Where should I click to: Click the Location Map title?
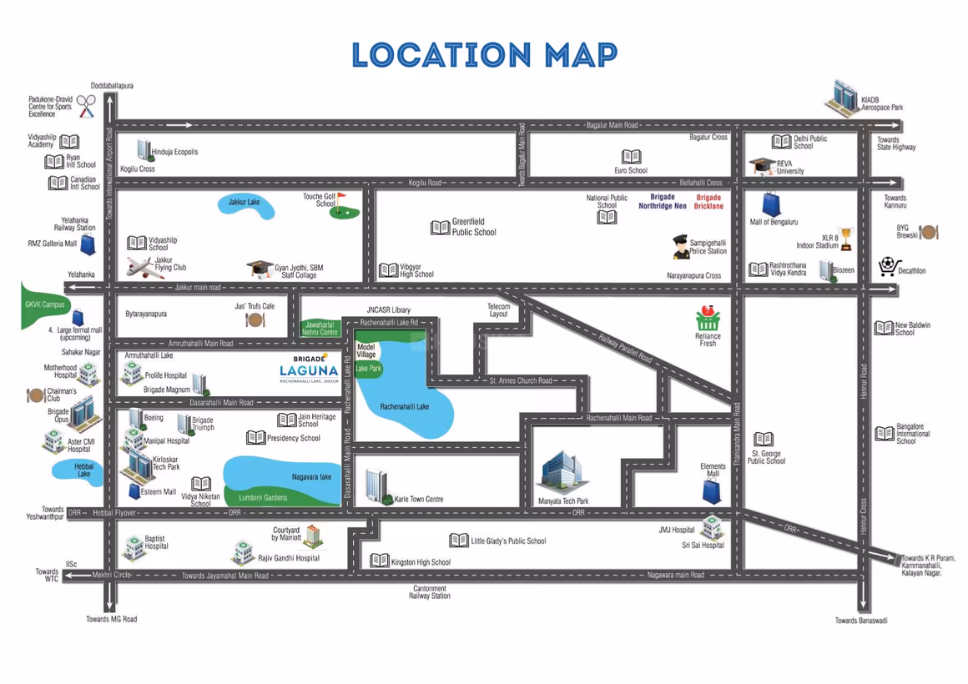pyautogui.click(x=485, y=55)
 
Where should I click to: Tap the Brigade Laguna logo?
pyautogui.click(x=310, y=370)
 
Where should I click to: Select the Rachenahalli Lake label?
pyautogui.click(x=405, y=407)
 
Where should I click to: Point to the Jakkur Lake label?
pyautogui.click(x=244, y=202)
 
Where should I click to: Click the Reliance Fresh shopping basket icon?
pyautogui.click(x=708, y=317)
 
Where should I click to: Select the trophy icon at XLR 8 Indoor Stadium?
pyautogui.click(x=846, y=239)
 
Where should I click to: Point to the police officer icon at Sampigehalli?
pyautogui.click(x=680, y=246)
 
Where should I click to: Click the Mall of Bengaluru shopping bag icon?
pyautogui.click(x=771, y=204)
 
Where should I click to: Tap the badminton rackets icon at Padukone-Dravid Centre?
pyautogui.click(x=87, y=106)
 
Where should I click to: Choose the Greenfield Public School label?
pyautogui.click(x=474, y=227)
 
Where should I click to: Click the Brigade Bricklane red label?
pyautogui.click(x=708, y=202)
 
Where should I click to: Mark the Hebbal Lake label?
pyautogui.click(x=84, y=470)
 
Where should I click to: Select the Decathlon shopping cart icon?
pyautogui.click(x=887, y=267)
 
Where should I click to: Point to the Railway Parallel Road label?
pyautogui.click(x=625, y=348)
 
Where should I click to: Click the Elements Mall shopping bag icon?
pyautogui.click(x=712, y=491)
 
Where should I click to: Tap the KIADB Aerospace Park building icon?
pyautogui.click(x=841, y=98)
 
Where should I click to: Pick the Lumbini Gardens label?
pyautogui.click(x=263, y=497)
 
